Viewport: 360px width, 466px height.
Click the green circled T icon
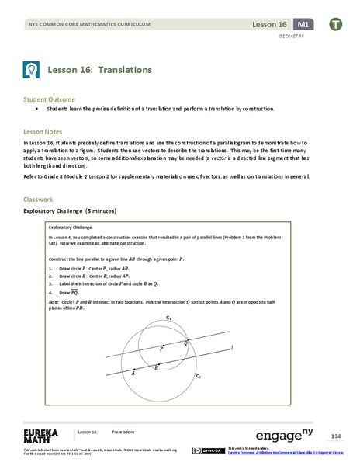tap(335, 25)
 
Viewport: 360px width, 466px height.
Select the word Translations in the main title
tap(123, 69)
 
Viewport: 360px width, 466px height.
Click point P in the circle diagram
tap(162, 349)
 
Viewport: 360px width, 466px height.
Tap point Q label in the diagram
tap(185, 343)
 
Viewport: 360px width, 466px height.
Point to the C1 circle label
tap(168, 317)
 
